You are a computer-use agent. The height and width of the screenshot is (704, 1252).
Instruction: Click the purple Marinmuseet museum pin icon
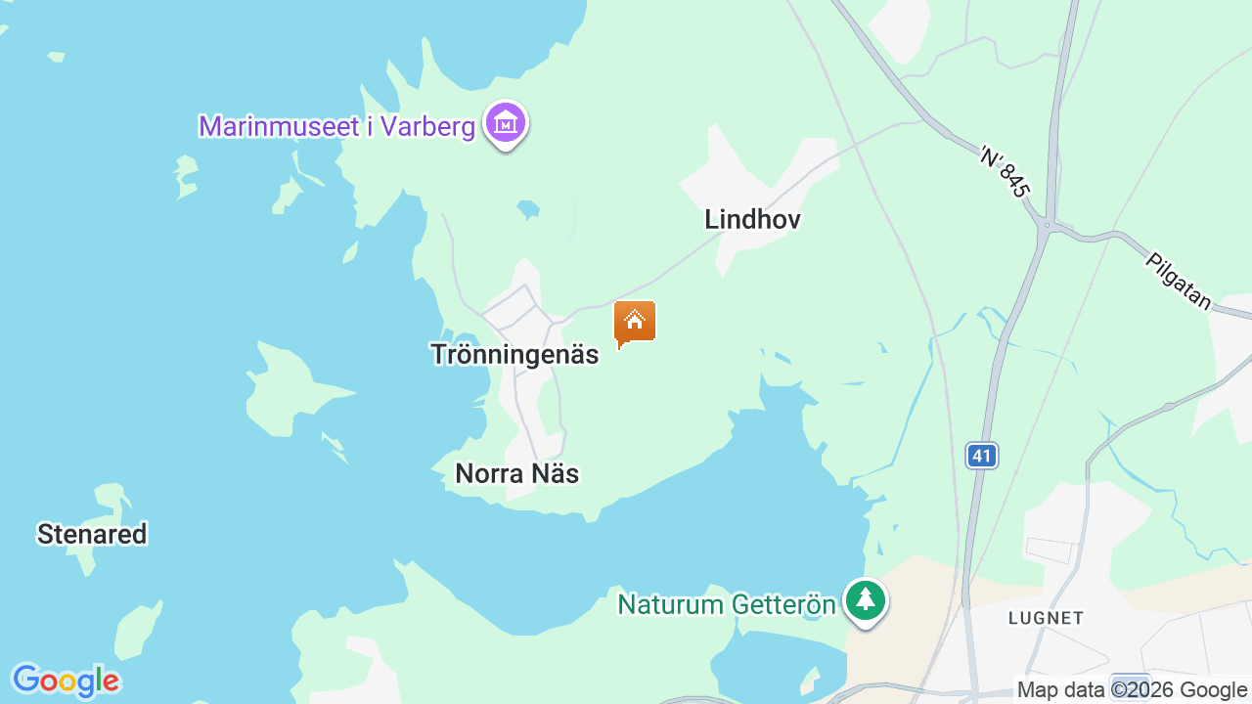pyautogui.click(x=506, y=124)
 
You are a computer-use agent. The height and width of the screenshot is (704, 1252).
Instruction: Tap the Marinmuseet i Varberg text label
pyautogui.click(x=336, y=126)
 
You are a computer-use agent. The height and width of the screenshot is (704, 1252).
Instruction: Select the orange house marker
pyautogui.click(x=634, y=322)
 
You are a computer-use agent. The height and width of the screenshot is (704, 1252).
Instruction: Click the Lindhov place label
pyautogui.click(x=752, y=219)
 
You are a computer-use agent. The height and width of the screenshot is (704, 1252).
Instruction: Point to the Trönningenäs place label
pyautogui.click(x=514, y=354)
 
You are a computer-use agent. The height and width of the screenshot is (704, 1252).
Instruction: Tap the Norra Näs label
pyautogui.click(x=517, y=474)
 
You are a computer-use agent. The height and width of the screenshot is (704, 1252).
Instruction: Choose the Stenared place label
pyautogui.click(x=92, y=534)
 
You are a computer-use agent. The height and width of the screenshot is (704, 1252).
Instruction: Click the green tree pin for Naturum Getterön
pyautogui.click(x=865, y=599)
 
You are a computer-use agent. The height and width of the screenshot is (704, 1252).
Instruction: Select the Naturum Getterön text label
pyautogui.click(x=727, y=604)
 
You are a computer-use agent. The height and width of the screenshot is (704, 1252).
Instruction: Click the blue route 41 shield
pyautogui.click(x=982, y=455)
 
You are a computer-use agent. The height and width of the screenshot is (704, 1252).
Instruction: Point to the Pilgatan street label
pyautogui.click(x=1179, y=281)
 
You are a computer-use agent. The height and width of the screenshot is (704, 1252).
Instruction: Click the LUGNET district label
pyautogui.click(x=1046, y=618)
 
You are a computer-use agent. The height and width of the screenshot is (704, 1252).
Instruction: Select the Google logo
pyautogui.click(x=66, y=681)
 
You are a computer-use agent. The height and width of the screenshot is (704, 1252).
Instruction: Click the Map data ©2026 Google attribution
pyautogui.click(x=1133, y=690)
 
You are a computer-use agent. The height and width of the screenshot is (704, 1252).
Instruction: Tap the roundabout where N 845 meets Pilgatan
pyautogui.click(x=1048, y=226)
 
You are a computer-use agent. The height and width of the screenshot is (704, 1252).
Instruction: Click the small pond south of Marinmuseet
pyautogui.click(x=528, y=209)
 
